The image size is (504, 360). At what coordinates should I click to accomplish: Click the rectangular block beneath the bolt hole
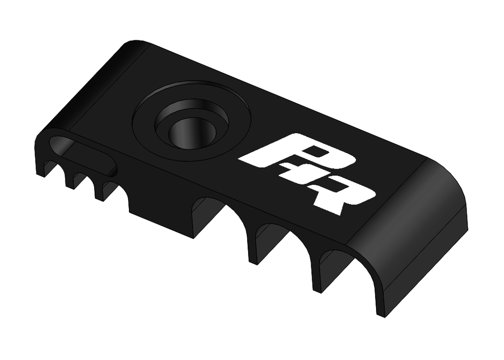click(157, 216)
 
